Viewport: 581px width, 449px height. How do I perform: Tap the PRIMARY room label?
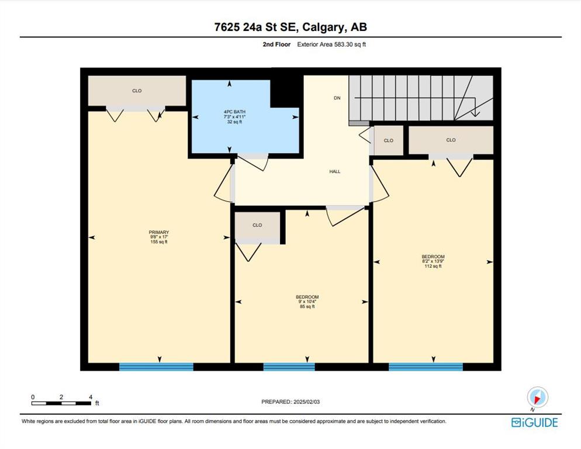pyautogui.click(x=159, y=232)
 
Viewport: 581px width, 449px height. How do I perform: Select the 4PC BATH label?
pyautogui.click(x=234, y=112)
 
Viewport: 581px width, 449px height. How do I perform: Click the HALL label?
pyautogui.click(x=335, y=171)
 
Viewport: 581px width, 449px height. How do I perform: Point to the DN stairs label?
pyautogui.click(x=337, y=98)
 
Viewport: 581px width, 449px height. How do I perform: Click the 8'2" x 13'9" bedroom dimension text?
pyautogui.click(x=433, y=261)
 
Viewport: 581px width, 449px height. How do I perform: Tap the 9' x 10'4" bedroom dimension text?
pyautogui.click(x=307, y=302)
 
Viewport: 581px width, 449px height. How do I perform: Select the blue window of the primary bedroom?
pyautogui.click(x=157, y=367)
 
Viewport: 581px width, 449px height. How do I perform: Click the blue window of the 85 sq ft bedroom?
pyautogui.click(x=289, y=367)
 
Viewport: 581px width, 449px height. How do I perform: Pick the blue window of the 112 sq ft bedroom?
pyautogui.click(x=426, y=367)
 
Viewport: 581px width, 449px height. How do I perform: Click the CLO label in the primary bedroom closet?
pyautogui.click(x=137, y=91)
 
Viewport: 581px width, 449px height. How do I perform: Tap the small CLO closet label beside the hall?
pyautogui.click(x=388, y=140)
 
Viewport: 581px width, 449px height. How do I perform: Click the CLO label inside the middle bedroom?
pyautogui.click(x=257, y=225)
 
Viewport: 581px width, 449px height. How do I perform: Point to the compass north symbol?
pyautogui.click(x=537, y=398)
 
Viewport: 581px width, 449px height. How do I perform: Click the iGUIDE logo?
pyautogui.click(x=534, y=422)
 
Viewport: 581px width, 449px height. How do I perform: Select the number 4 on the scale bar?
pyautogui.click(x=91, y=397)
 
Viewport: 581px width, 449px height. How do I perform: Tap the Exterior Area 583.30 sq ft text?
pyautogui.click(x=331, y=44)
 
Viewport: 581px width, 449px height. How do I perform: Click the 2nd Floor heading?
pyautogui.click(x=277, y=44)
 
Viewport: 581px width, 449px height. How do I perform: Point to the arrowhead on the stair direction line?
pyautogui.click(x=475, y=113)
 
